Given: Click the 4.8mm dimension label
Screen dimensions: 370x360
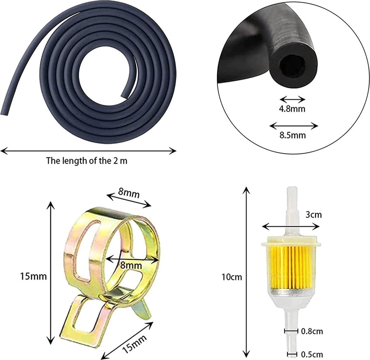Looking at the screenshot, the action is coord(292,109).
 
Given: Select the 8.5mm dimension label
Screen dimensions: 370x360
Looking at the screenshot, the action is coord(293,135).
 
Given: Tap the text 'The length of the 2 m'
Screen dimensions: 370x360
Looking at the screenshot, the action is coord(87,161).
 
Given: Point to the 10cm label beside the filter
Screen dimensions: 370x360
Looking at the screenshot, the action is coord(232,277).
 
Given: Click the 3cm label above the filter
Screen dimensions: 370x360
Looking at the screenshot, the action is coord(314,215).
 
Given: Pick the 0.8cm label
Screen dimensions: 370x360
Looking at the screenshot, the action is coord(312,331).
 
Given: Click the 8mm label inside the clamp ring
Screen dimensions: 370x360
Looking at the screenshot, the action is coord(131,265).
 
